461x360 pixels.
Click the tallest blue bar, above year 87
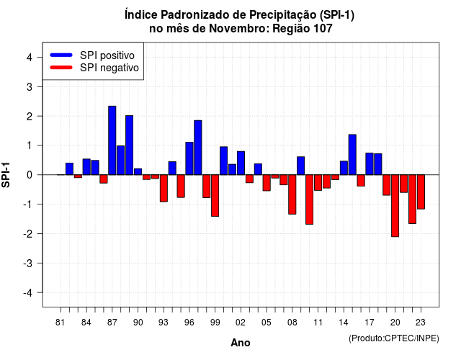112,140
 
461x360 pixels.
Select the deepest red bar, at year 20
395,206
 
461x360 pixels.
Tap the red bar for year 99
215,195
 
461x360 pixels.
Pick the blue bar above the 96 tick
189,158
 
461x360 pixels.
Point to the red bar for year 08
292,194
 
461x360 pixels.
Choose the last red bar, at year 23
421,192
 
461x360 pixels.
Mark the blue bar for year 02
241,163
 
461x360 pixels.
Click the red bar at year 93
164,188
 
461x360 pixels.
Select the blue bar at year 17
370,164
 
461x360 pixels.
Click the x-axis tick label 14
344,323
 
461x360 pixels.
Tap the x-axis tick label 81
60,323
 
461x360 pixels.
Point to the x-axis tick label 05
266,323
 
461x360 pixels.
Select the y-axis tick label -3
28,264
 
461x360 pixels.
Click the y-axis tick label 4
30,58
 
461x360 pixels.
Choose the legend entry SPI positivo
107,55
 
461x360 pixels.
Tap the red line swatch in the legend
61,68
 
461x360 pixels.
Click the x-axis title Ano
241,343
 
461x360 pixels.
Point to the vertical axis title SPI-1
6,175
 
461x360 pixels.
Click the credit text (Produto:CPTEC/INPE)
394,338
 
